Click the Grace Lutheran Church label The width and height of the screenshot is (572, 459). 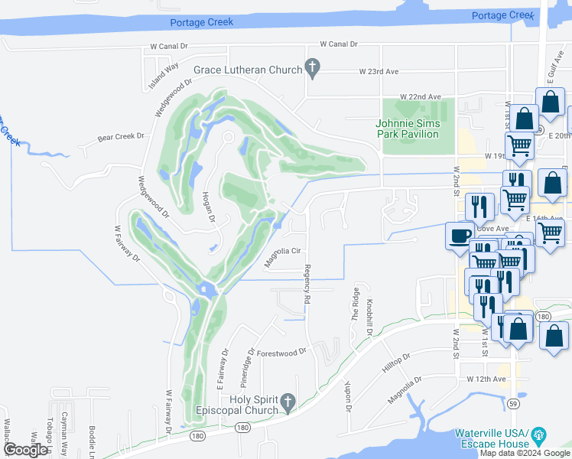tap(248, 70)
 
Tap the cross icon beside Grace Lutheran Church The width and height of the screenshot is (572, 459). tap(312, 69)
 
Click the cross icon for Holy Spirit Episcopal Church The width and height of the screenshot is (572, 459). tap(288, 402)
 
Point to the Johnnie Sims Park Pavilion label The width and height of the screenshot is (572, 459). tap(408, 129)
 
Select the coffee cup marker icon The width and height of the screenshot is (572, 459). tap(460, 236)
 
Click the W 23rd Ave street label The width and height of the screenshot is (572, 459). tap(379, 71)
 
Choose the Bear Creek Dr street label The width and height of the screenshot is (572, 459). tap(121, 137)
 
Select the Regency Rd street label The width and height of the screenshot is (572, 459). tap(307, 285)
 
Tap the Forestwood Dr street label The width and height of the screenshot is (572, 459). tap(281, 353)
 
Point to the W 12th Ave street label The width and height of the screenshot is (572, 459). tap(487, 379)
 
